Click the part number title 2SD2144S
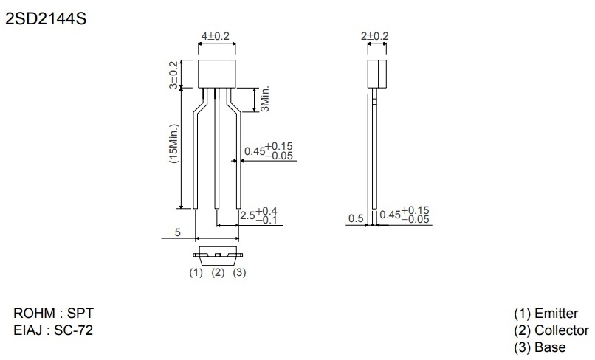46,18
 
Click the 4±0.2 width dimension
215,36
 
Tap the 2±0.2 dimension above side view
375,36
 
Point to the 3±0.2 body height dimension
173,75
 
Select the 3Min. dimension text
265,98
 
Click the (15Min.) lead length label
173,143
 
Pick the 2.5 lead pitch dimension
259,215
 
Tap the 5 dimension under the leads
178,232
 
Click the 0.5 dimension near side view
356,218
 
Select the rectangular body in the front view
217,74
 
